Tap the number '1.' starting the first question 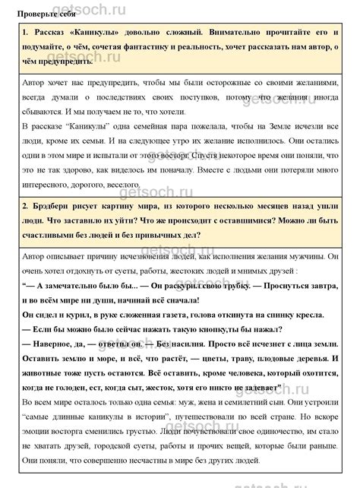pos(27,34)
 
